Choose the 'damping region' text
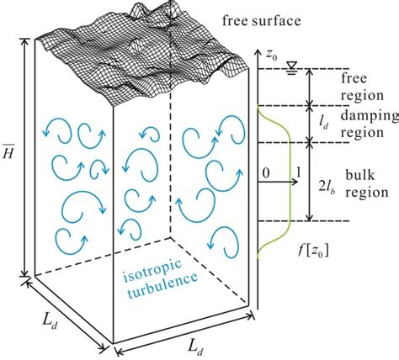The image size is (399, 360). tap(359, 124)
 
